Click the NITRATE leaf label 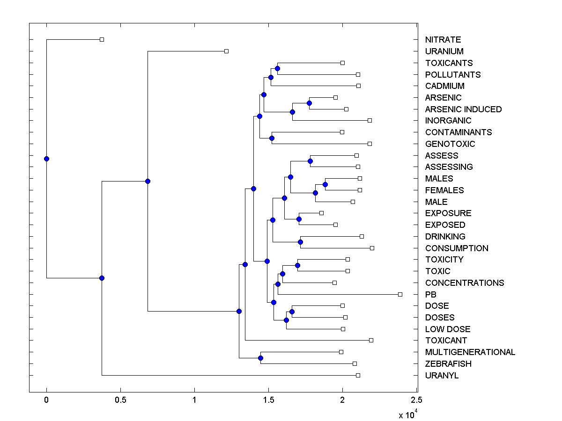point(443,40)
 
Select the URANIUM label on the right point(444,51)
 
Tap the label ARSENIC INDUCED point(463,109)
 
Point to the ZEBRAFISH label point(448,364)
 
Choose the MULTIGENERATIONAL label point(470,352)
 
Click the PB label point(431,295)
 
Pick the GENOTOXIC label point(450,144)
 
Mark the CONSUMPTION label point(457,248)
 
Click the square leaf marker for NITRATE point(102,39)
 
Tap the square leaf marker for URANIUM point(226,51)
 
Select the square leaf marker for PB point(400,294)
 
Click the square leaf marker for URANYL point(358,375)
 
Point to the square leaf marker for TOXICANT point(371,340)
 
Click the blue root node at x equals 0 point(46,159)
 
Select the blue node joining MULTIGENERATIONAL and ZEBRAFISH point(260,358)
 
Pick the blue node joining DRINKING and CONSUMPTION point(301,242)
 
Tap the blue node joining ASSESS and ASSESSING point(310,161)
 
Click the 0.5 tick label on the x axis point(120,400)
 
